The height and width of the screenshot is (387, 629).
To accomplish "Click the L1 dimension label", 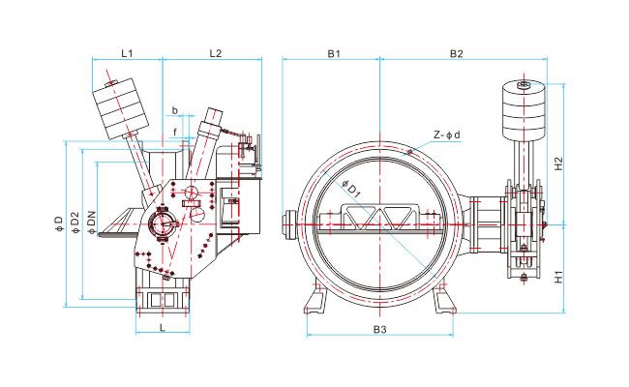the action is [x=127, y=53].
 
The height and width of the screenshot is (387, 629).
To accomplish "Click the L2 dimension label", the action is [x=216, y=53].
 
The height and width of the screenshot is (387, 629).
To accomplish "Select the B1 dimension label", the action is [x=334, y=53].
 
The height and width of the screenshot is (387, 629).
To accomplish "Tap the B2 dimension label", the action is [x=456, y=53].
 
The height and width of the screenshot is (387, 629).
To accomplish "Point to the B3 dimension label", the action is [x=380, y=330].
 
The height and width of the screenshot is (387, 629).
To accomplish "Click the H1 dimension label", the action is [x=558, y=277].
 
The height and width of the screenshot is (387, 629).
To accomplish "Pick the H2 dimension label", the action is [x=558, y=164].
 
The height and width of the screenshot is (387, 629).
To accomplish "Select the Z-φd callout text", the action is [x=447, y=134].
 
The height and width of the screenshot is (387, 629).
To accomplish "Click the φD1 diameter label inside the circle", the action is [x=352, y=189].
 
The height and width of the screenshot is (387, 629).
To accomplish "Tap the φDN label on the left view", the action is [x=92, y=222].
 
